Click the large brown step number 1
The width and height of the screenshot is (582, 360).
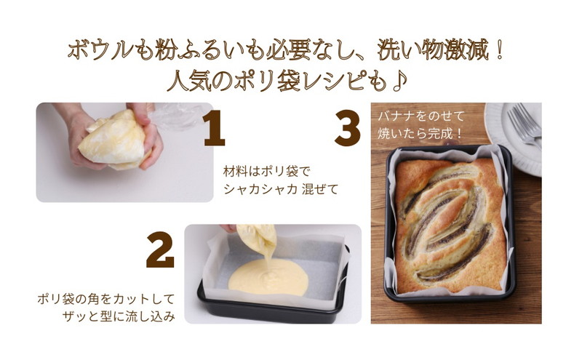tap(215, 129)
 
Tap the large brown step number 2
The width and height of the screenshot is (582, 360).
tap(160, 249)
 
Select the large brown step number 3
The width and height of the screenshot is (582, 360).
tap(348, 129)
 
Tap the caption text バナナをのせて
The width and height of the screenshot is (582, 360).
tap(421, 116)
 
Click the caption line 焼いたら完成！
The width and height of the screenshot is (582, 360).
tap(420, 134)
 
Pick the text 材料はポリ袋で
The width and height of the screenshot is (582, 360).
tap(266, 172)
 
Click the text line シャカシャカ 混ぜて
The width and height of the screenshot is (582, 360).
tap(281, 189)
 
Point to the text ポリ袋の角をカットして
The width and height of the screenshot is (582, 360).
tap(105, 299)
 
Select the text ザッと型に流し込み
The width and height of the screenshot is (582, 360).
tap(119, 316)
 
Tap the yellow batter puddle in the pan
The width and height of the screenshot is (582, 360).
tap(268, 277)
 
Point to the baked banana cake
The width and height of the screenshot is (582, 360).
tap(450, 225)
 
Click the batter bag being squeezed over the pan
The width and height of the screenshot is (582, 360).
tap(258, 239)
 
